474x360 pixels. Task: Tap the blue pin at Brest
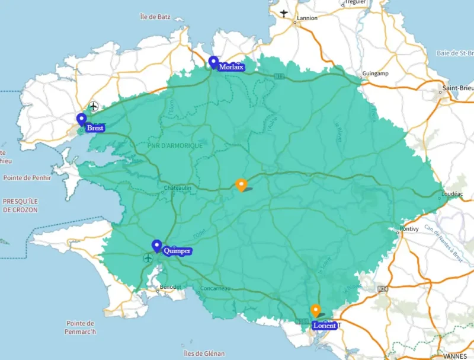(82, 119)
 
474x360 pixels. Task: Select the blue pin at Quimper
(157, 246)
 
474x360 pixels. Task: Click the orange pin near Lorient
(316, 310)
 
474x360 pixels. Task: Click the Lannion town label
(307, 18)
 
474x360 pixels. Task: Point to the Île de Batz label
(155, 17)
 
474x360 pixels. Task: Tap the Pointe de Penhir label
(28, 177)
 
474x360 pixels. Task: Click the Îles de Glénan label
(204, 353)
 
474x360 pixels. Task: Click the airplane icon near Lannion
(284, 13)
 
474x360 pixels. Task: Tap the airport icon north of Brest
(93, 106)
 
